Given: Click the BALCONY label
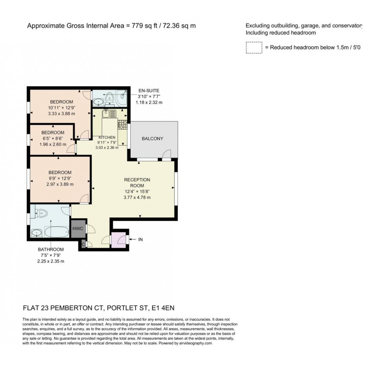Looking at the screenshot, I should coord(152,139).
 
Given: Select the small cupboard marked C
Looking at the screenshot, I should coord(83,244).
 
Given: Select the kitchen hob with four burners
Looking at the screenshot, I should coord(122,125).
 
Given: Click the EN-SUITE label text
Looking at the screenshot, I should coord(149,91).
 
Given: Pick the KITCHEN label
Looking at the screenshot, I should coord(107,137).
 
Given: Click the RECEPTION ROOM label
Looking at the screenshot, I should coord(137,183).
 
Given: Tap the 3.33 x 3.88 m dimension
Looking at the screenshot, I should coord(61,114).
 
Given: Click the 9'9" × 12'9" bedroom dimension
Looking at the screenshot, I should coord(60,178).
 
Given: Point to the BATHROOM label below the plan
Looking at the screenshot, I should coord(51,249).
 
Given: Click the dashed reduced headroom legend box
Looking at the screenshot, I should coord(254,47).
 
